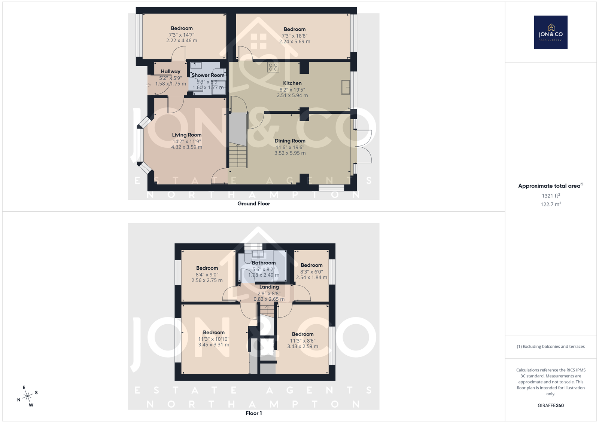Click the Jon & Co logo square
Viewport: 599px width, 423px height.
pos(551,32)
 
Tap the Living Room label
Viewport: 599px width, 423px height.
pos(187,135)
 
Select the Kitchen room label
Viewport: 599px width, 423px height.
pos(292,83)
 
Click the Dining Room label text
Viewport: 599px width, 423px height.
pos(290,141)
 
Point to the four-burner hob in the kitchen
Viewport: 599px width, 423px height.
pos(273,67)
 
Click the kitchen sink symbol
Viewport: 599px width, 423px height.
pos(346,87)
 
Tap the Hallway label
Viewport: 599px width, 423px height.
pos(171,71)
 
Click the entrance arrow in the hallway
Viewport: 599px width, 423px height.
pos(148,85)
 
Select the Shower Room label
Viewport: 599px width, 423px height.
pos(208,75)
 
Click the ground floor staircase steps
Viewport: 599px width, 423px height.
pos(238,156)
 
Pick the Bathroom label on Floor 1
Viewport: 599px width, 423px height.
pos(264,263)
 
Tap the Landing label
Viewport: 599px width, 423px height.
pos(269,287)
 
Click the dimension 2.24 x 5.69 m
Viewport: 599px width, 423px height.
pos(295,42)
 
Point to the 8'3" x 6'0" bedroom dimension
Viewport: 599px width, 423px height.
pos(311,272)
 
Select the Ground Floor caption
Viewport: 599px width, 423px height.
pos(254,203)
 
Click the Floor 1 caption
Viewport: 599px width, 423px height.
pos(254,413)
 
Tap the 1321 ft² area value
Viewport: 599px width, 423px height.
pos(551,196)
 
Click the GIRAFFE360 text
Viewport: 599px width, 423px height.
pos(551,405)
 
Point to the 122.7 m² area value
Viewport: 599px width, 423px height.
pos(551,204)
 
